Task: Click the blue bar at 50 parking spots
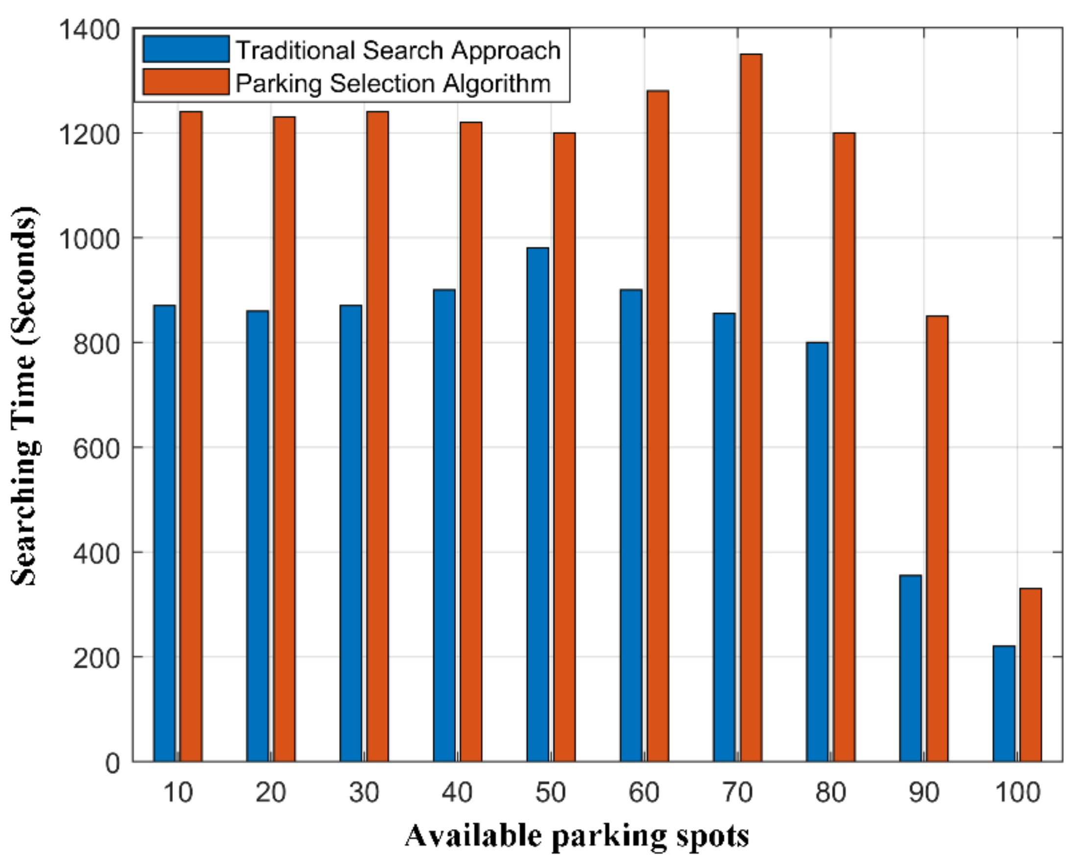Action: (537, 504)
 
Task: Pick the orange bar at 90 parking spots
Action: (937, 539)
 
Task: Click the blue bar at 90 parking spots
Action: (910, 668)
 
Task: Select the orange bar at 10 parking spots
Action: (191, 436)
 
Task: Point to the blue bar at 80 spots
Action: (817, 551)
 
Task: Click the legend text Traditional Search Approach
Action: (398, 50)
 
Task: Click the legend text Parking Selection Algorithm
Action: (393, 83)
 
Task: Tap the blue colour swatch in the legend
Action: (186, 49)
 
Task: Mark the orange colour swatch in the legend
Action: (186, 82)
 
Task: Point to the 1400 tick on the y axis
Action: (89, 29)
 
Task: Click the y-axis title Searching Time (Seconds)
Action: (24, 396)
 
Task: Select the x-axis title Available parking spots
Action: (576, 836)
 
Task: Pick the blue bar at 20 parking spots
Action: (257, 536)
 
